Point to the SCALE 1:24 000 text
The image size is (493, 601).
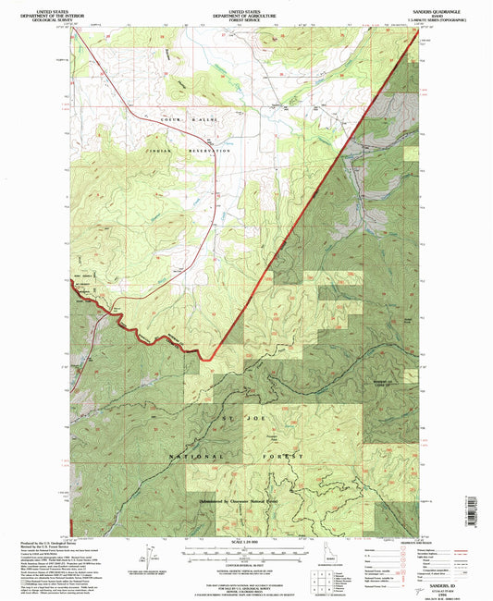coord(246,543)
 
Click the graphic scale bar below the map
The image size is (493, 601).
coord(246,552)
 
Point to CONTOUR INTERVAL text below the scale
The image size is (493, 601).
coord(246,561)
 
